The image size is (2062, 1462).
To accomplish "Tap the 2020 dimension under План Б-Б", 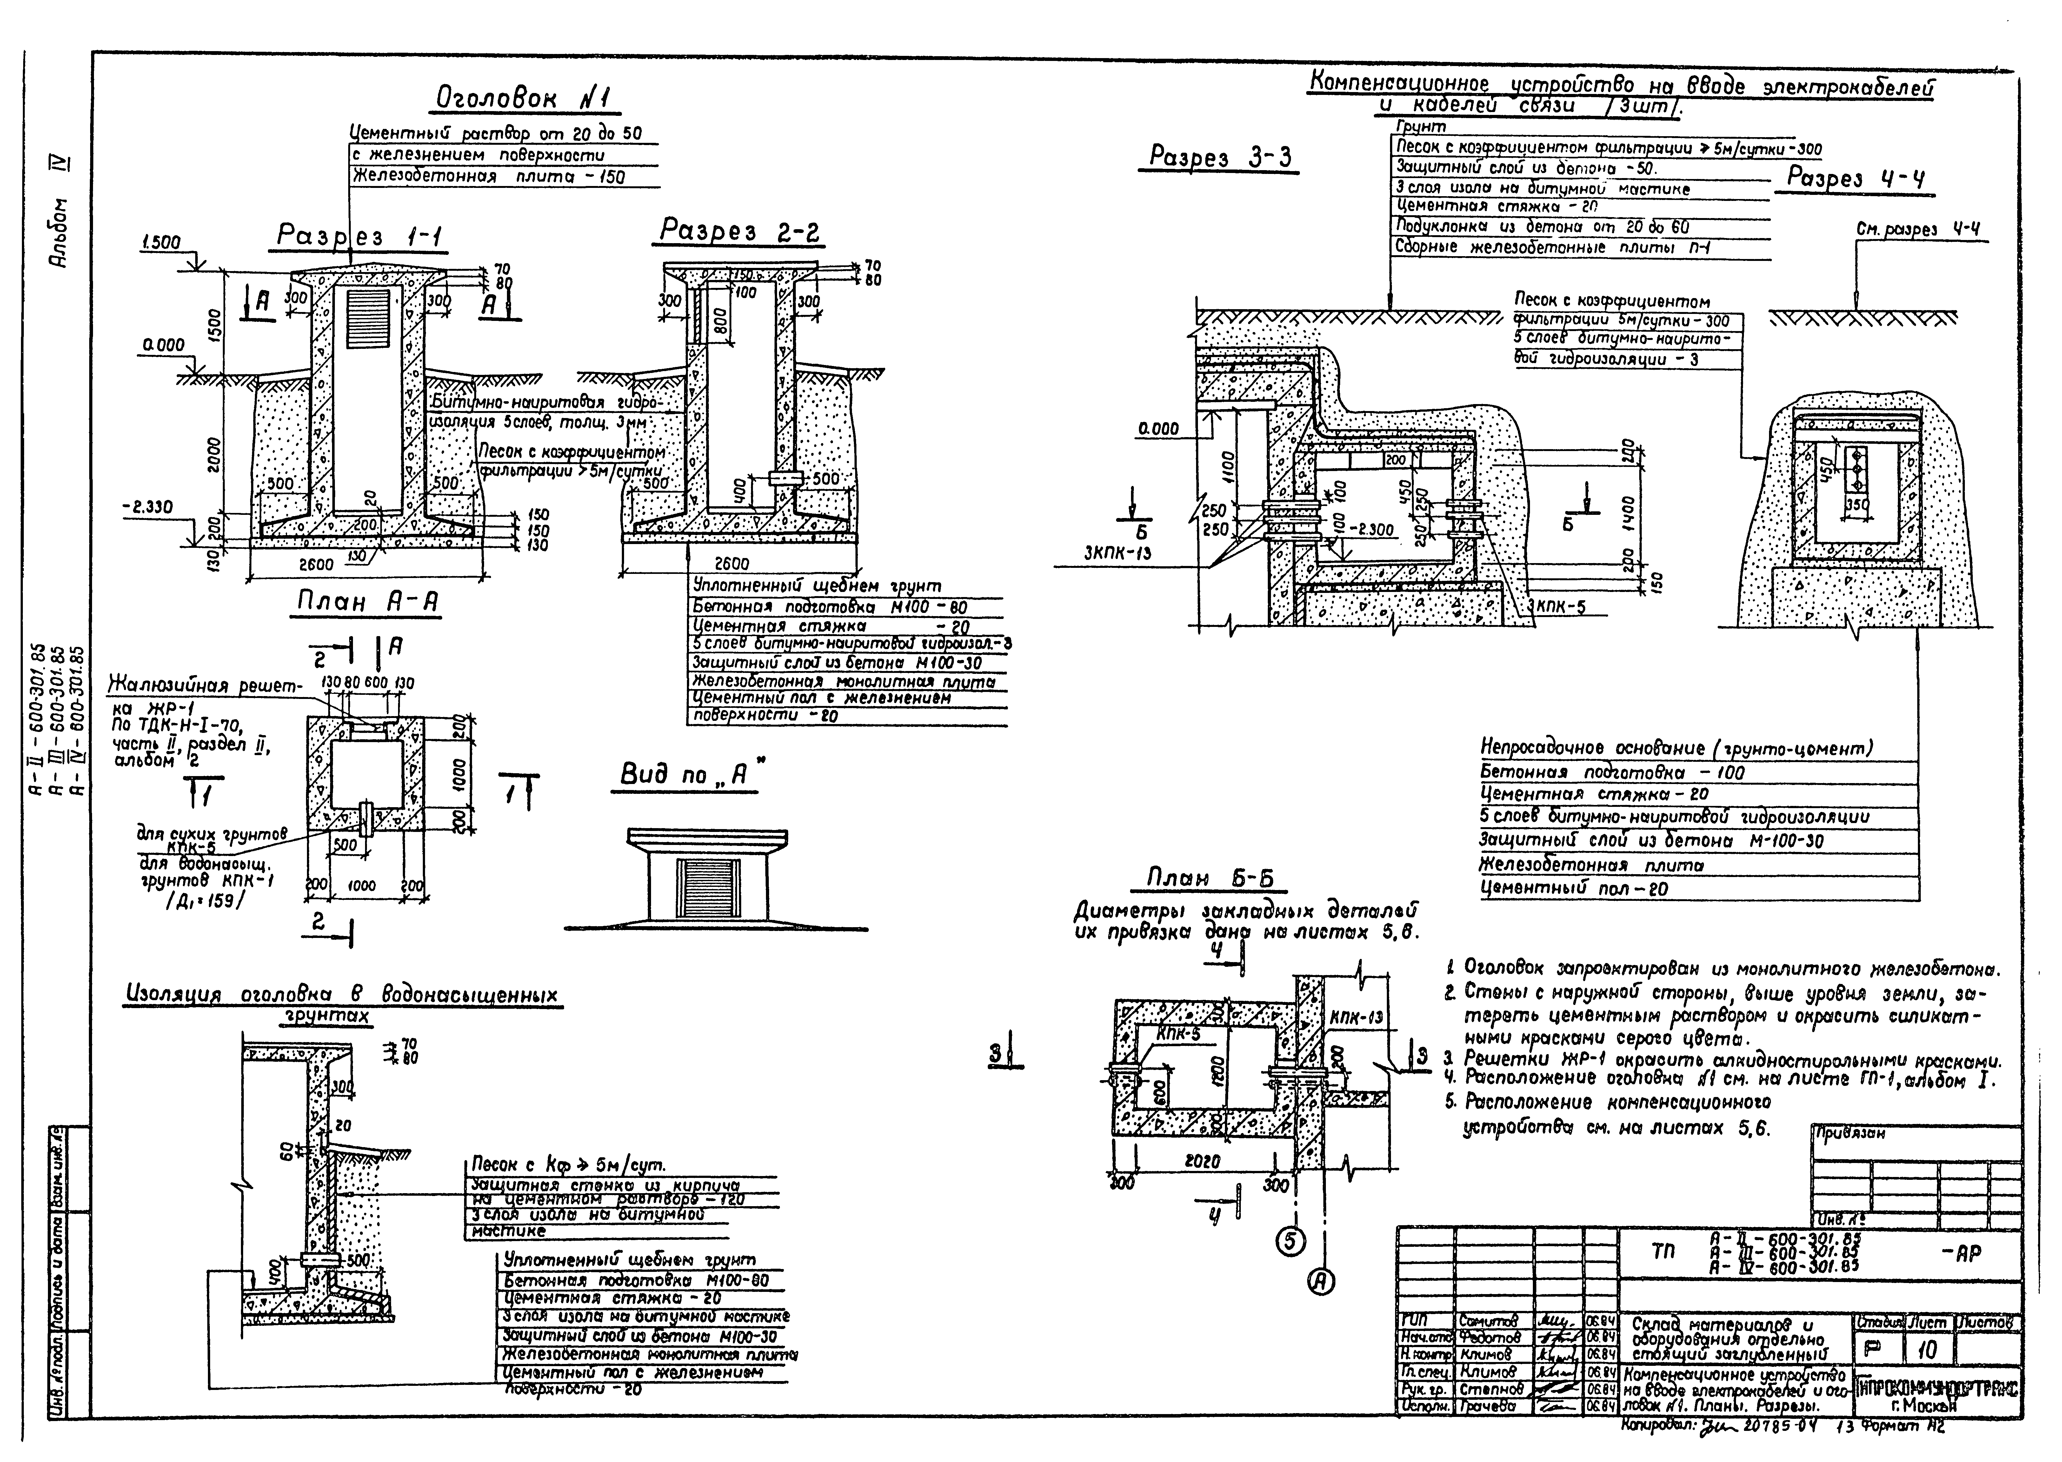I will tap(1201, 1161).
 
